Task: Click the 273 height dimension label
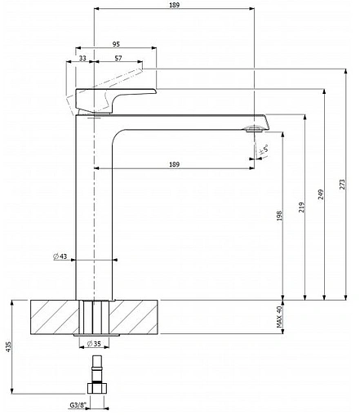pos(342,184)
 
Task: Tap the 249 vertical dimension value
pos(321,194)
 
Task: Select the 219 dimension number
pos(302,207)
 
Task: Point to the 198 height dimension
pos(280,216)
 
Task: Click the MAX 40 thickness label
pos(280,317)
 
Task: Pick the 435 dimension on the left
pos(8,346)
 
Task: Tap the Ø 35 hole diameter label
pos(94,344)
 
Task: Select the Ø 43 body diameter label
pos(60,257)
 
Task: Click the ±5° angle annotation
pos(263,149)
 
